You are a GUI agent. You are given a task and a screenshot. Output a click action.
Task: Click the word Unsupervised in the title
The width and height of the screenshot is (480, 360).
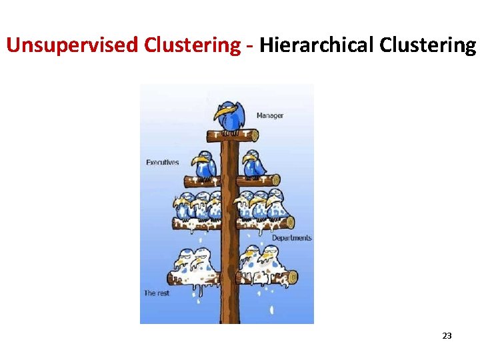pos(54,45)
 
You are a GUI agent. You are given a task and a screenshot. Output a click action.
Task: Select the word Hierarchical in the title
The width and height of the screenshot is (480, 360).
pos(316,45)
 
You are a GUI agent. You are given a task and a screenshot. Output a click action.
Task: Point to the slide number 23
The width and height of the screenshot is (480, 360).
pos(447,336)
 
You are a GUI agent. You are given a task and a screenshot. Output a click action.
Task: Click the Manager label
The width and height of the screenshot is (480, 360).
pos(270,115)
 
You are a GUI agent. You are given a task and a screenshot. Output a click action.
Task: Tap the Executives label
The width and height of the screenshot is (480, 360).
pos(163,162)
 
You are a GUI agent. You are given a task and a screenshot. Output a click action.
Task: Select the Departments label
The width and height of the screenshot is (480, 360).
pos(291,238)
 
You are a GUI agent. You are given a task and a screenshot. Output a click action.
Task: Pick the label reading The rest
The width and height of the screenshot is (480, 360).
pos(157,293)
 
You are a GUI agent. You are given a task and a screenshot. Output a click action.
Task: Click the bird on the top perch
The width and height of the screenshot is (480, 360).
pos(231,117)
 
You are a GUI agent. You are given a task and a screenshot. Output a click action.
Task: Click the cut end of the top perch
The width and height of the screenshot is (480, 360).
pos(254,135)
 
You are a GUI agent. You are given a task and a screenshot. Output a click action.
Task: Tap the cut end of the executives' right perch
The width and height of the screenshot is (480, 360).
pos(275,180)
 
